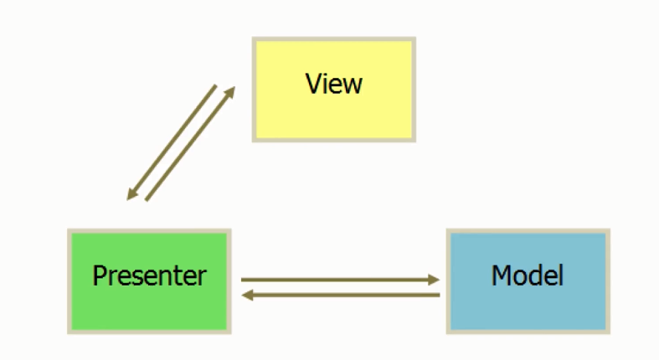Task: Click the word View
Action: click(x=333, y=84)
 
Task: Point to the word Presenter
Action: click(x=149, y=275)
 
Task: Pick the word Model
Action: click(x=528, y=275)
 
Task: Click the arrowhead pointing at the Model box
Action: click(x=434, y=280)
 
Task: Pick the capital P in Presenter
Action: click(x=98, y=275)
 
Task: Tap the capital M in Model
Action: click(x=501, y=275)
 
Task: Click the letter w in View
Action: click(x=353, y=85)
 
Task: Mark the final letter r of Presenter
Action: click(x=202, y=277)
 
